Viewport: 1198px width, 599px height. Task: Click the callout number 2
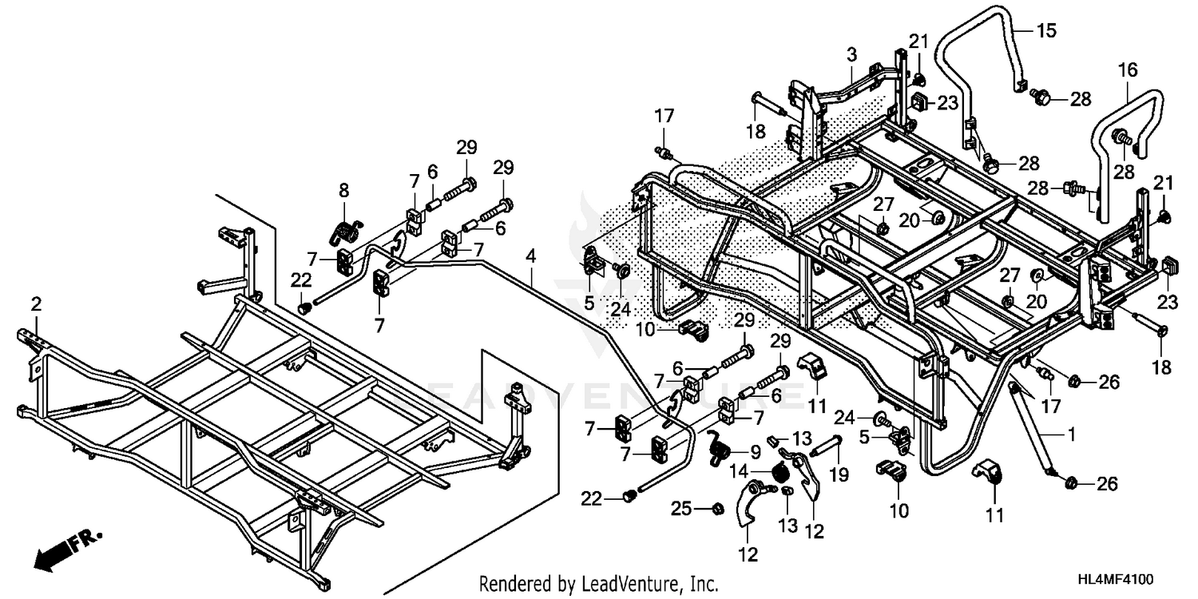[36, 303]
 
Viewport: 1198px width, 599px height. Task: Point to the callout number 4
[530, 257]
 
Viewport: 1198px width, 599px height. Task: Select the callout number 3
[852, 54]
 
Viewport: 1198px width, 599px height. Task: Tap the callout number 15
[1046, 31]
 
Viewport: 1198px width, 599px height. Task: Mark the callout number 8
[344, 190]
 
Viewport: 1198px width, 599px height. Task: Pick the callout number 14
[756, 471]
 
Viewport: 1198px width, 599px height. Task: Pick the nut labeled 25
[717, 508]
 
